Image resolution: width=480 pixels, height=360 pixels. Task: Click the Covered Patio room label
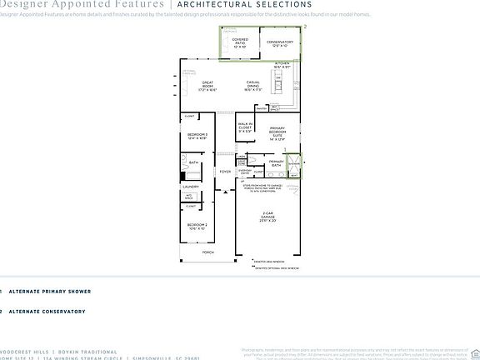(x=240, y=42)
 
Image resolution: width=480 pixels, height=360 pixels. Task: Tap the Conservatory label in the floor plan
(x=280, y=42)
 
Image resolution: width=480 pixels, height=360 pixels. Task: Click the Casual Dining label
(x=253, y=85)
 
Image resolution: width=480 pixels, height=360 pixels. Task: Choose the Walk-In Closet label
(x=244, y=127)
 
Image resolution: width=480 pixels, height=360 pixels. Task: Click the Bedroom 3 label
(x=197, y=136)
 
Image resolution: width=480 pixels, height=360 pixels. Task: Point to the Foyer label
(x=225, y=172)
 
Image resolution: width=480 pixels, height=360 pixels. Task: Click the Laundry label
(x=191, y=187)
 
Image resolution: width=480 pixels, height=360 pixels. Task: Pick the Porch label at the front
(x=207, y=252)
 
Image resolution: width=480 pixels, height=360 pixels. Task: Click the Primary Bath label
(x=277, y=162)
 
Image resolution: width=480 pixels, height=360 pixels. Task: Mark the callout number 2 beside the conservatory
(x=305, y=27)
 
